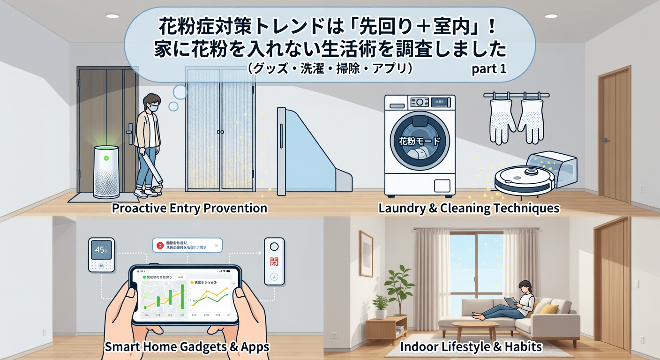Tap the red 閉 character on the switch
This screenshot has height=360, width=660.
tap(274, 260)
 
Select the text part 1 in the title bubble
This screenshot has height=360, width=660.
tap(489, 69)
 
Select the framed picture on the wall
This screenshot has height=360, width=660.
tap(366, 247)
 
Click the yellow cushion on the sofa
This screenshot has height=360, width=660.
tap(549, 308)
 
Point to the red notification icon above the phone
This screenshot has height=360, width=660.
tap(160, 245)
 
